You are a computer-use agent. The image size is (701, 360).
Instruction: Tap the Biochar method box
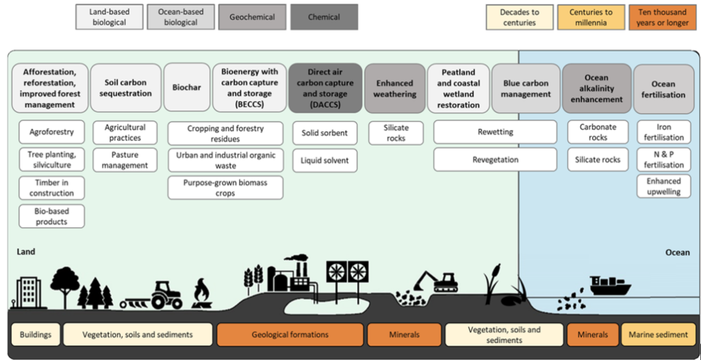point(186,88)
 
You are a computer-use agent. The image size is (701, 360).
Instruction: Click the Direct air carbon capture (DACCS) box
point(325,88)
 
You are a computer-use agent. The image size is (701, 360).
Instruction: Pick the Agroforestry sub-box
point(52,132)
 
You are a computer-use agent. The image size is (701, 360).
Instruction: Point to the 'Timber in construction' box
point(52,188)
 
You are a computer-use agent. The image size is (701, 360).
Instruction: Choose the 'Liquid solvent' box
point(324,160)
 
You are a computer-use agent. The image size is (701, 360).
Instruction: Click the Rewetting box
point(495,132)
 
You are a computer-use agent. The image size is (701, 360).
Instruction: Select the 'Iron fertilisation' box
point(663,132)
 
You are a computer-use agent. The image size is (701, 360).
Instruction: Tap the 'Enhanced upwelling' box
point(663,187)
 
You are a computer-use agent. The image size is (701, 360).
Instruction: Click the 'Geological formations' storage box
point(290,335)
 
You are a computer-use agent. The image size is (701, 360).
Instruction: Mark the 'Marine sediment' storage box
point(659,335)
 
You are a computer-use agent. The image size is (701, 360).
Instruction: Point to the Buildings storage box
point(36,335)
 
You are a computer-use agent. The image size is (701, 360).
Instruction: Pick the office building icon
point(25,292)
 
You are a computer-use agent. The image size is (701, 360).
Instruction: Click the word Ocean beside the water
point(677,253)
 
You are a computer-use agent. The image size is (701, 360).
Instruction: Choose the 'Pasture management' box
point(125,160)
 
